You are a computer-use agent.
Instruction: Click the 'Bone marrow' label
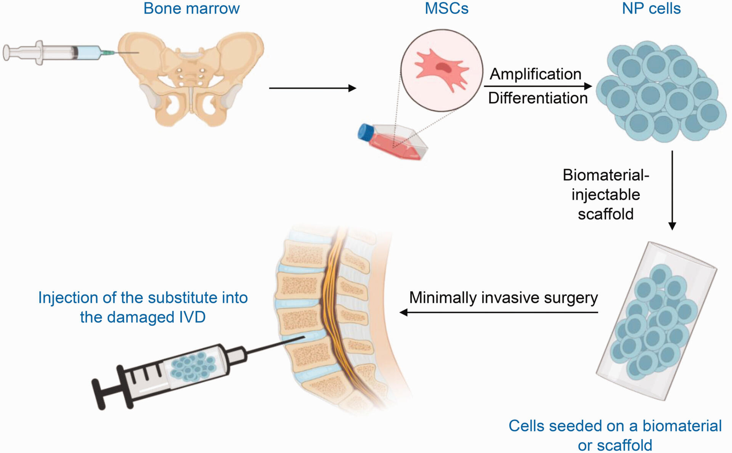(x=191, y=8)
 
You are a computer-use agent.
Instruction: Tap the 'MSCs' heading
(x=446, y=8)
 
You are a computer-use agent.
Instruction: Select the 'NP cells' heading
(x=651, y=8)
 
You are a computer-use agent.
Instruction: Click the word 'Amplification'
(x=535, y=74)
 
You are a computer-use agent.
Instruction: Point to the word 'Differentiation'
(x=538, y=98)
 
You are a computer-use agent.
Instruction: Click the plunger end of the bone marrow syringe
(x=7, y=53)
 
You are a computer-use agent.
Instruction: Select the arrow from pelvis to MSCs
(x=312, y=88)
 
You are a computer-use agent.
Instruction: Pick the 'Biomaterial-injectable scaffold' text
(x=606, y=194)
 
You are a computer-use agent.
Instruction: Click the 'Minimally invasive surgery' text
(x=503, y=298)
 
